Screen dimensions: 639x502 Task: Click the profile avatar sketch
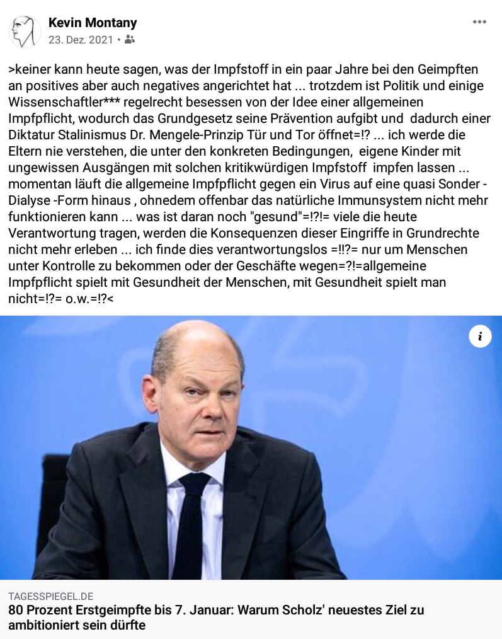click(x=25, y=32)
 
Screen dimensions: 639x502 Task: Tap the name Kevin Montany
click(x=93, y=23)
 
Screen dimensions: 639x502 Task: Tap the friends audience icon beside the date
click(x=130, y=40)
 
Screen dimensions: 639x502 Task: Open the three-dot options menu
click(x=479, y=22)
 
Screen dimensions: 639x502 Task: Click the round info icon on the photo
click(x=480, y=337)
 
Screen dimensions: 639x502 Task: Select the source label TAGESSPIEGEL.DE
click(x=51, y=596)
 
